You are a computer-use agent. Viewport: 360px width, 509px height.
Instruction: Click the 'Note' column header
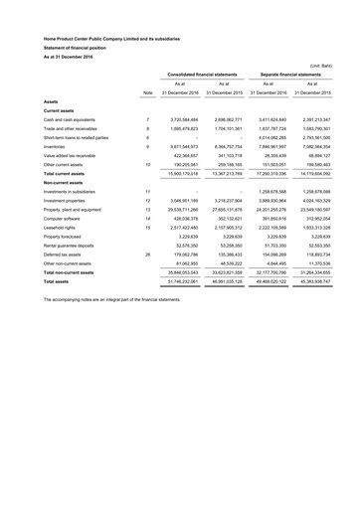pos(148,95)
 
